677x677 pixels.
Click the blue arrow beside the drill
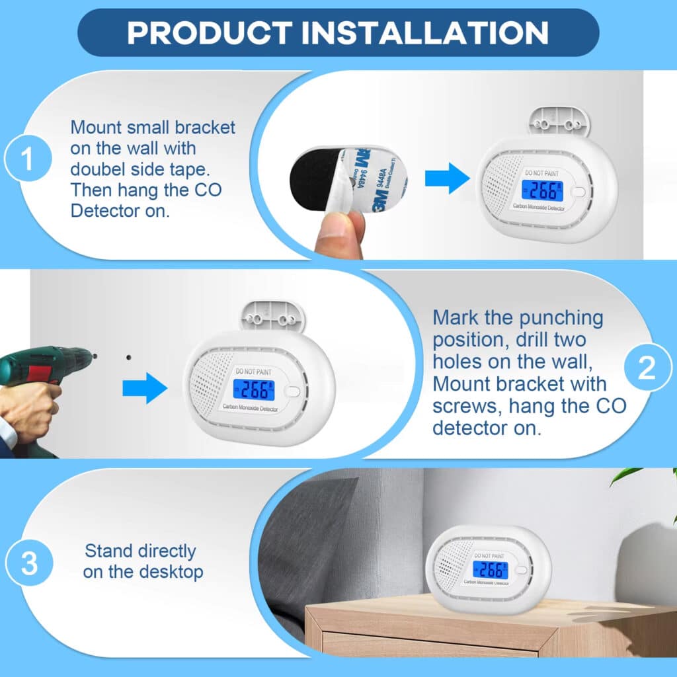point(145,387)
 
